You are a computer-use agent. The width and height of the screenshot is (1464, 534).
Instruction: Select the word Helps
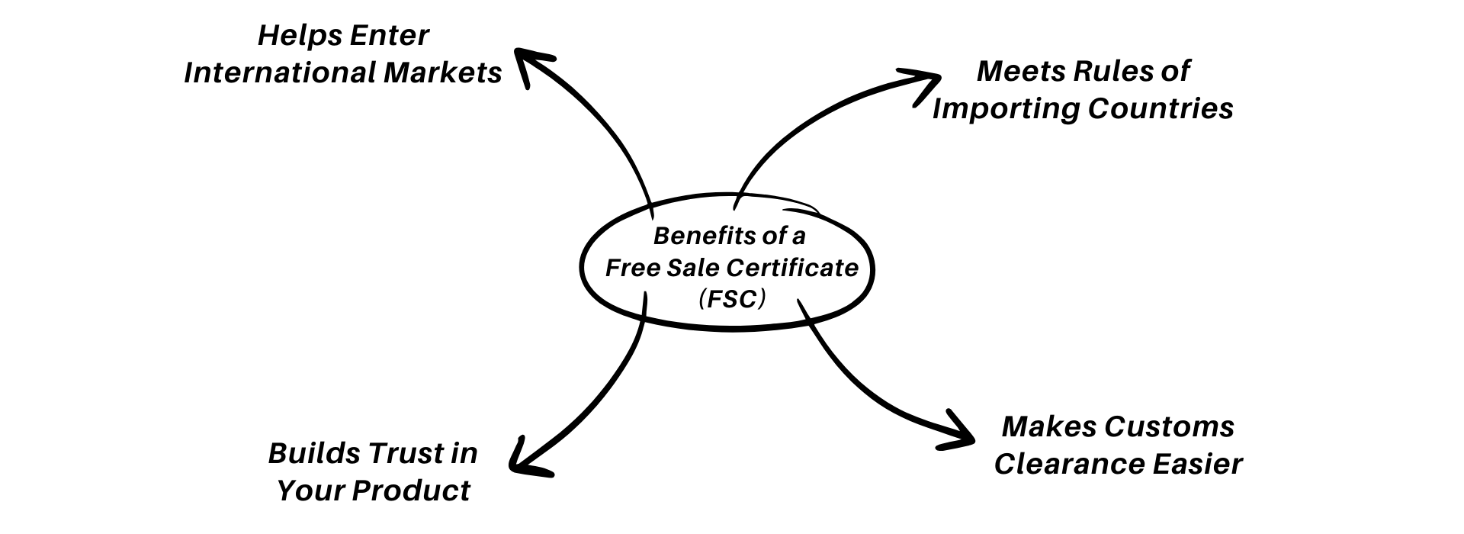290,36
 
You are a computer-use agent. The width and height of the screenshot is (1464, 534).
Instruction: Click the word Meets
1019,72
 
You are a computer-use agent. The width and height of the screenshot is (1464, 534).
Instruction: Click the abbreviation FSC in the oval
732,300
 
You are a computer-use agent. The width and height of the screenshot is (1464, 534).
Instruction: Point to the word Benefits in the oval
696,236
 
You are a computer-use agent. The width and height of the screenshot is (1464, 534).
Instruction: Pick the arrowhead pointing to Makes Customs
959,433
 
